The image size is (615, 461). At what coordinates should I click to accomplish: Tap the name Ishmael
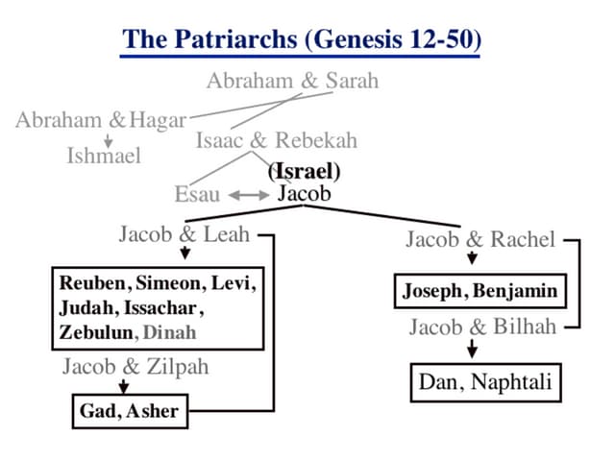tap(103, 155)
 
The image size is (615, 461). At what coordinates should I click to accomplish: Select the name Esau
tap(197, 195)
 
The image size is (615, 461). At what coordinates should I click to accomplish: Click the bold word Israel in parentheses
tap(307, 173)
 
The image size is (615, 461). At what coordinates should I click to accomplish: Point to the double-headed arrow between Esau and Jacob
tap(248, 195)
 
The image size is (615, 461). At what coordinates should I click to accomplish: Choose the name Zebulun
tap(95, 332)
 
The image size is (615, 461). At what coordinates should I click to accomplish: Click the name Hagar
tap(158, 120)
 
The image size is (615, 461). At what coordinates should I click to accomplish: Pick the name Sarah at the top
tap(352, 80)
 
